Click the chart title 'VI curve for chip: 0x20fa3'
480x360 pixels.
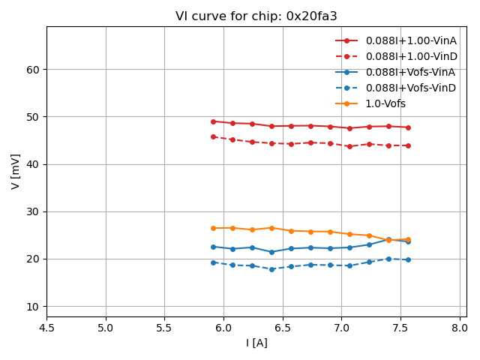pyautogui.click(x=256, y=16)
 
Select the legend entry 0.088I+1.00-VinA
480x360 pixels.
pyautogui.click(x=410, y=40)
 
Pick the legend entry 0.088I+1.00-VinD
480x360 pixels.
pyautogui.click(x=410, y=56)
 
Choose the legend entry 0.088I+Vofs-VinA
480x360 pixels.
pyautogui.click(x=410, y=72)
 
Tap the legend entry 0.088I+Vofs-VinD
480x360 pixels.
pyautogui.click(x=410, y=88)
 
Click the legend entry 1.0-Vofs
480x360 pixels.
pyautogui.click(x=385, y=103)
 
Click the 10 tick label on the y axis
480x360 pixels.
pyautogui.click(x=34, y=306)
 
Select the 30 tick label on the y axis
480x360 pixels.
pyautogui.click(x=34, y=211)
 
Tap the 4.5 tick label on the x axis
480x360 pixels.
pyautogui.click(x=46, y=328)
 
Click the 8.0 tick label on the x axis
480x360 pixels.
pyautogui.click(x=460, y=328)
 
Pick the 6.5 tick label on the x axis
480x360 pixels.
pyautogui.click(x=283, y=328)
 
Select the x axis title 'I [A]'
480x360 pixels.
pyautogui.click(x=256, y=343)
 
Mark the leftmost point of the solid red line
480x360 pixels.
pyautogui.click(x=213, y=121)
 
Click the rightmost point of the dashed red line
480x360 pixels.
pyautogui.click(x=408, y=145)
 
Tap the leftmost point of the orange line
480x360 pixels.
pyautogui.click(x=213, y=228)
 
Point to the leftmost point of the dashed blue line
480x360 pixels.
pyautogui.click(x=213, y=262)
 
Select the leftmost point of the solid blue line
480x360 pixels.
pyautogui.click(x=213, y=247)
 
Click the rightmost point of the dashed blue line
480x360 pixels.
pyautogui.click(x=408, y=259)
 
